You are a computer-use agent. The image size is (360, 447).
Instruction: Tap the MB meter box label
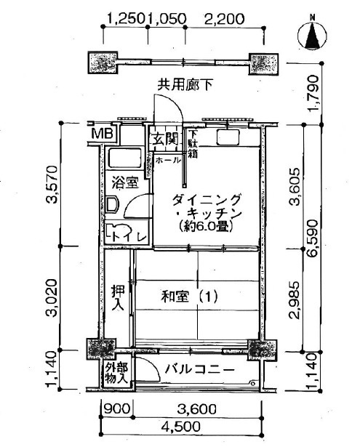coord(103,134)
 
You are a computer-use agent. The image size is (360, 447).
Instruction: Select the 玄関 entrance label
coord(165,140)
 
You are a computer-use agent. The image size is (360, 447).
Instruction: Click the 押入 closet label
coord(118,297)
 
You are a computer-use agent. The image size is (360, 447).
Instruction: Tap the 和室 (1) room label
coord(189,297)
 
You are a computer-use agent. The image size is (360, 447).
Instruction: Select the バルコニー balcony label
coord(200,370)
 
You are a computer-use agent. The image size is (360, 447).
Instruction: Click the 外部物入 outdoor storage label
coord(116,373)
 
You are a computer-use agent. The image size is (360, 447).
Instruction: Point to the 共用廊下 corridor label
coord(185,84)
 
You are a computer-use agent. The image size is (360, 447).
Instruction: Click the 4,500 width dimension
coord(180,427)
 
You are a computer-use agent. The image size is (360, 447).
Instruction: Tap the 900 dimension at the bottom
coord(116,410)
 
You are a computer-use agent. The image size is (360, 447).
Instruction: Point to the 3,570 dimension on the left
coord(53,185)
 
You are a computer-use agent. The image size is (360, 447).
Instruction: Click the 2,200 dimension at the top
coord(224,19)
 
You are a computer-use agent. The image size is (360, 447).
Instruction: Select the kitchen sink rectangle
coord(228,137)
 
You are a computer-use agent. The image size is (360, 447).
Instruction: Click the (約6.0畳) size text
coord(205,227)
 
